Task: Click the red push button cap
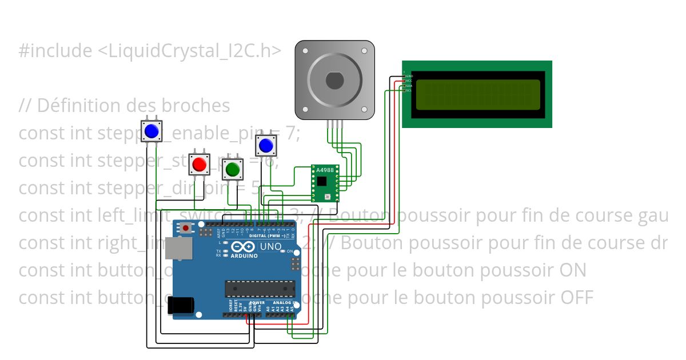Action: pyautogui.click(x=200, y=165)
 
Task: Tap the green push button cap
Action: pyautogui.click(x=232, y=169)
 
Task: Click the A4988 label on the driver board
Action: pyautogui.click(x=324, y=170)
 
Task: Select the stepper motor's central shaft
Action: pyautogui.click(x=335, y=81)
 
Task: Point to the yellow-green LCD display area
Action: pyautogui.click(x=478, y=94)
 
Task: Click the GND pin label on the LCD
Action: pyautogui.click(x=409, y=76)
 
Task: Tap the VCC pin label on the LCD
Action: pyautogui.click(x=409, y=81)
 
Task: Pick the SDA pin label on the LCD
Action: pyautogui.click(x=409, y=86)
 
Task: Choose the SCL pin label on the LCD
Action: pyautogui.click(x=409, y=90)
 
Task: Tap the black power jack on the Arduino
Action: pyautogui.click(x=182, y=306)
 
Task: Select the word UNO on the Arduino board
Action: pyautogui.click(x=271, y=247)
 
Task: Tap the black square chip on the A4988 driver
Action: pyautogui.click(x=322, y=181)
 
